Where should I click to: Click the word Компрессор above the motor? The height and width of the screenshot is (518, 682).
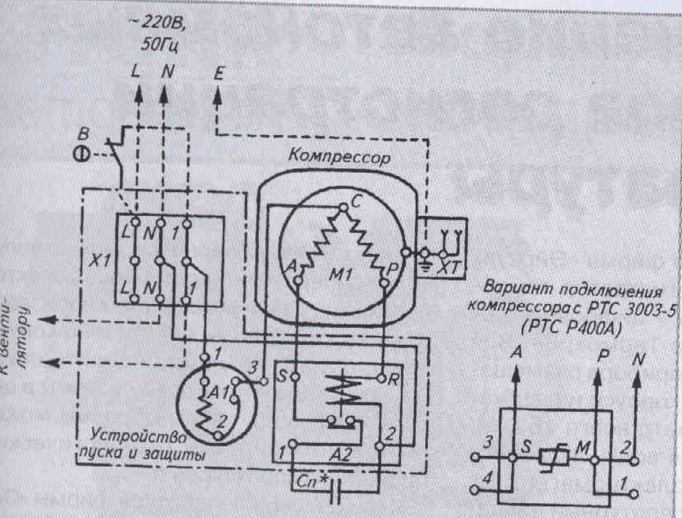tap(339, 157)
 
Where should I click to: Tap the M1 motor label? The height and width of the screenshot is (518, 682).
tap(342, 275)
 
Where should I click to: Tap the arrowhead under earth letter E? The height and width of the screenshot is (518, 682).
tap(217, 96)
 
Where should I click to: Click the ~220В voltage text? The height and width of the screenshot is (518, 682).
tap(158, 24)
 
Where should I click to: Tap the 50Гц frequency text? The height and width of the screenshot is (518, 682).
tap(159, 45)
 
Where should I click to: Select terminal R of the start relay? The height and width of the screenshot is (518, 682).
tap(381, 378)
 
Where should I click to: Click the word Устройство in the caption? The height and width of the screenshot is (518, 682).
tap(138, 436)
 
